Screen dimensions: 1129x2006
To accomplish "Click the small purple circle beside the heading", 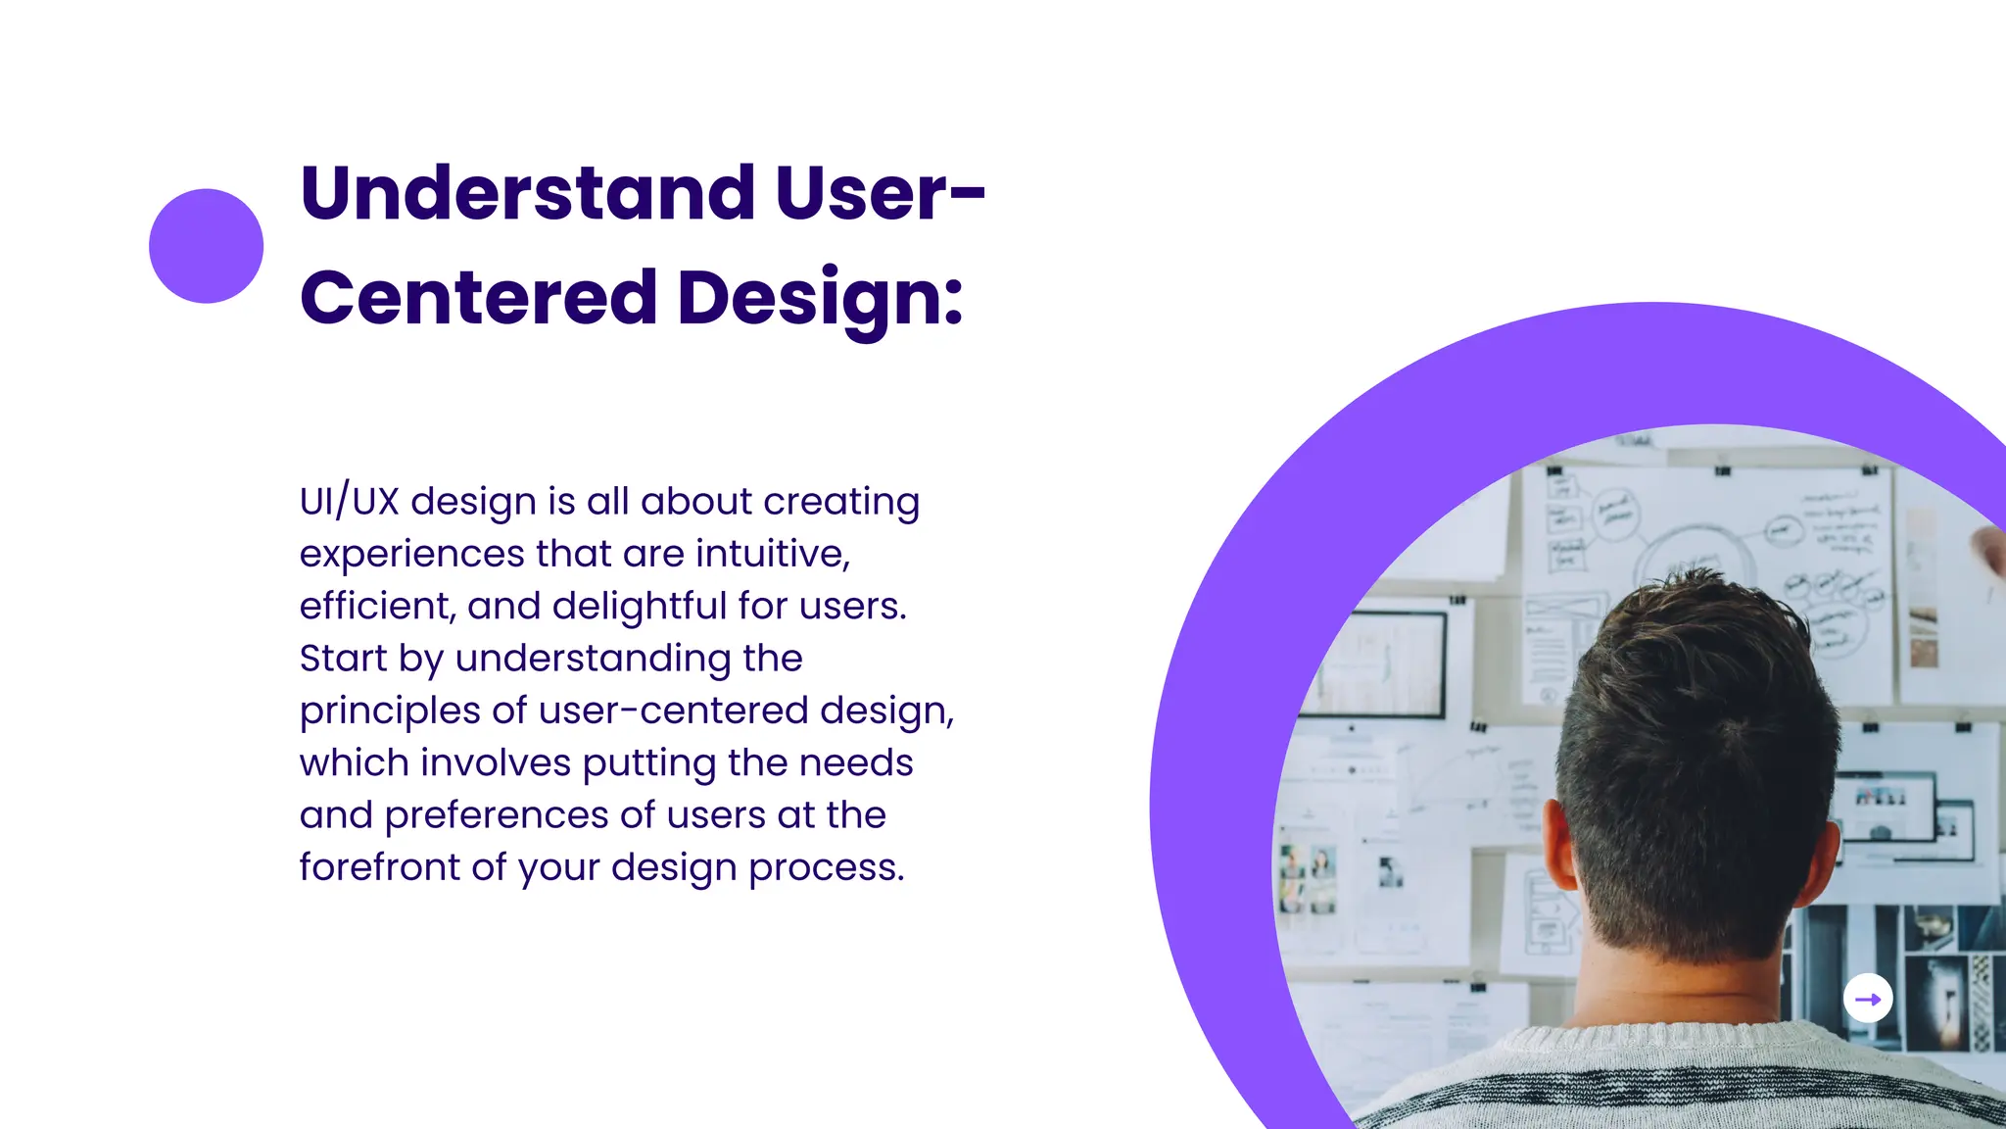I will tap(206, 246).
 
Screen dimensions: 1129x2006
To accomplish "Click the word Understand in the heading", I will tap(528, 193).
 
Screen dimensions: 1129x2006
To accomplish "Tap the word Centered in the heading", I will tap(479, 298).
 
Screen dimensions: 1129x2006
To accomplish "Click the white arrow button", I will tap(1868, 999).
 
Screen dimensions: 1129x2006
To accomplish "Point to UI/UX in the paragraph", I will tap(349, 502).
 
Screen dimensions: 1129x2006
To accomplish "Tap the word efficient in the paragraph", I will tap(374, 606).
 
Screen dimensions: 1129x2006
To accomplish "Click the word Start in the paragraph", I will tap(343, 659).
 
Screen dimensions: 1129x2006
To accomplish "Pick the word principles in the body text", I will tap(389, 712).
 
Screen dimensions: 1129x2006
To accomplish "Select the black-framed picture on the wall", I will tap(1383, 665).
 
